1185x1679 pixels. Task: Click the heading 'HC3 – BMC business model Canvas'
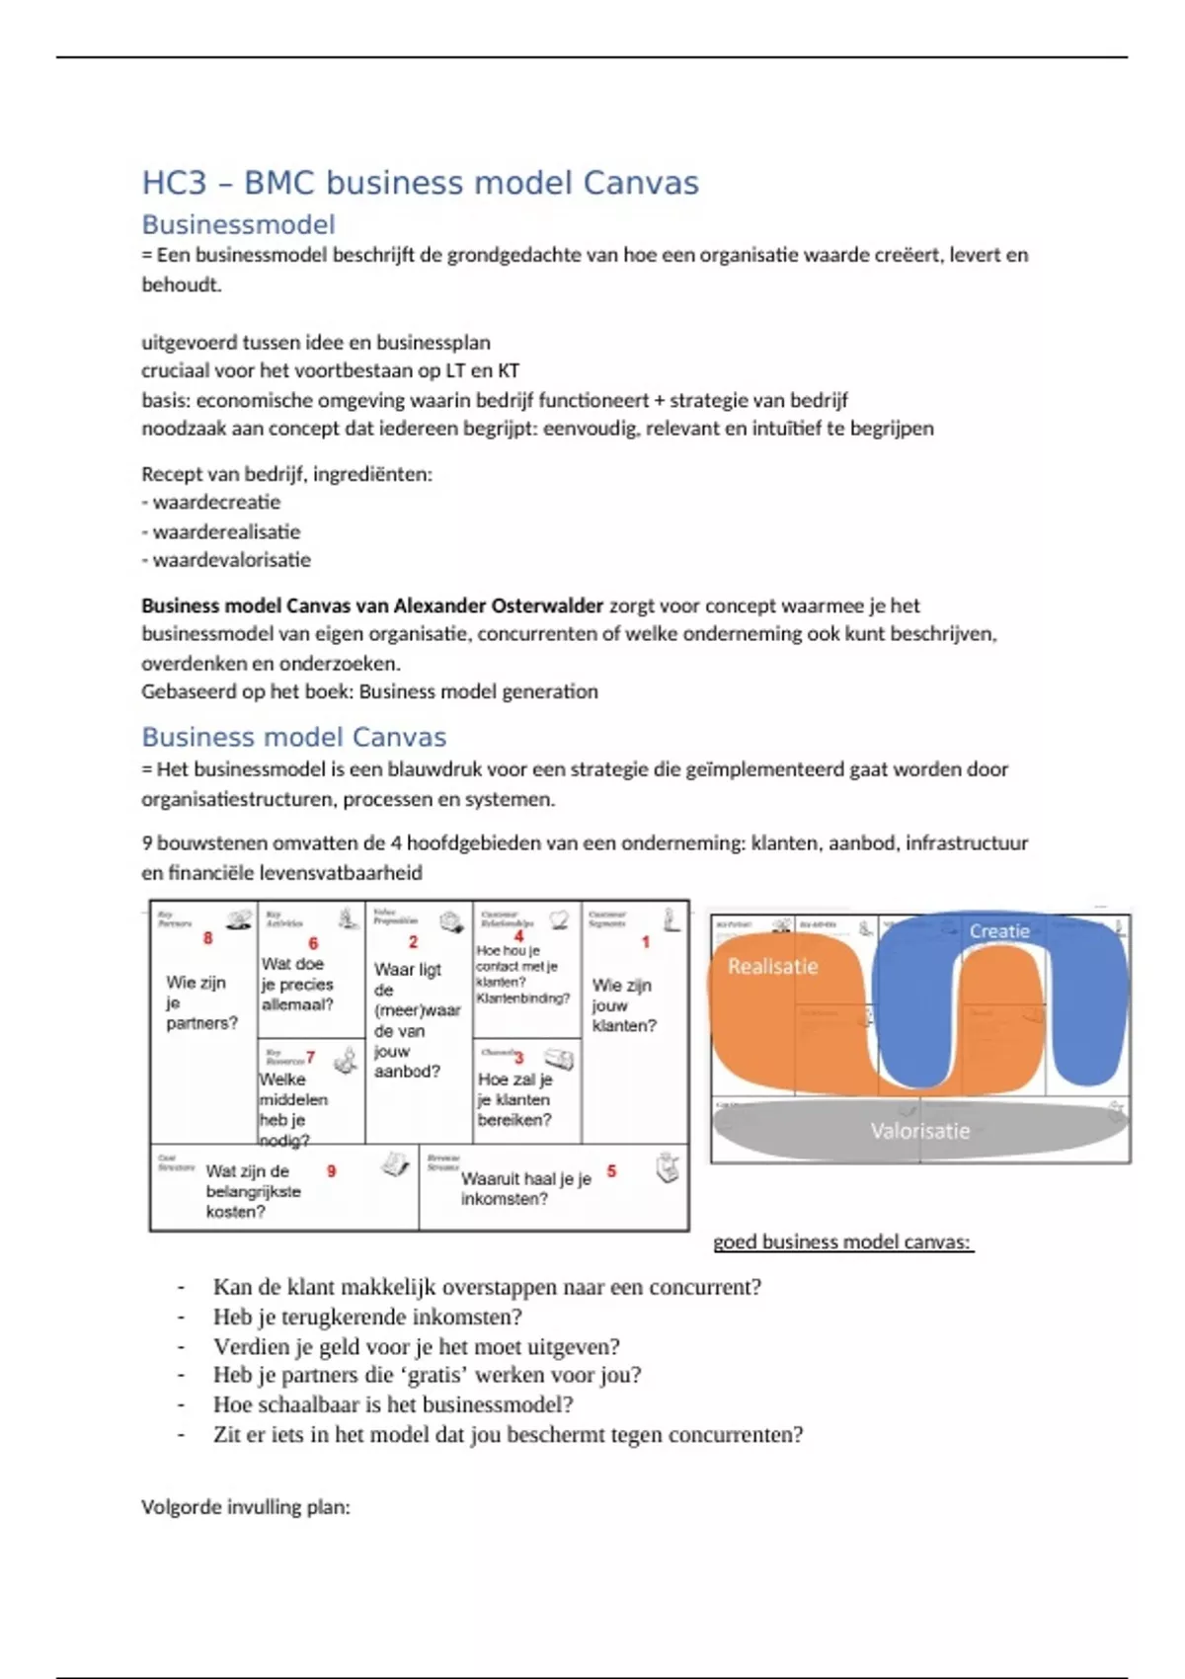point(420,184)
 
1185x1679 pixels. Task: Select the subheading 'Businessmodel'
point(238,225)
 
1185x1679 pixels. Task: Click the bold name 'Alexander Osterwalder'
point(498,605)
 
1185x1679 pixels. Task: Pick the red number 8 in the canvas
point(207,938)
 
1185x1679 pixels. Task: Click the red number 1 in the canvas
point(646,942)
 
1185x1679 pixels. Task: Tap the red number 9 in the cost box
point(332,1171)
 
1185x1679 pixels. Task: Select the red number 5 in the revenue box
point(611,1171)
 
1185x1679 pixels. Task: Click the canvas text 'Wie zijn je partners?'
point(201,1002)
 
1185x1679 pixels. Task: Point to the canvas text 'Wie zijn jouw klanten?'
point(623,1005)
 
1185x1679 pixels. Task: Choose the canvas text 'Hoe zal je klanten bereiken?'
point(514,1099)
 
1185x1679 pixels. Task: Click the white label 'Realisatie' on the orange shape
point(772,967)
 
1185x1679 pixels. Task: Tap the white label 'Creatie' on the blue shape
point(999,931)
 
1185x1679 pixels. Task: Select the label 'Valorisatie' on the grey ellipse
point(919,1132)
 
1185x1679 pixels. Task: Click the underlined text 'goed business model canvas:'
point(842,1242)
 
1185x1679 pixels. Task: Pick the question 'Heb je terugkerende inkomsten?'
point(367,1317)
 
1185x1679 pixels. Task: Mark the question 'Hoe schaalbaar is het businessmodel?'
point(393,1404)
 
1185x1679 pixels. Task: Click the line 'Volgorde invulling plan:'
point(246,1507)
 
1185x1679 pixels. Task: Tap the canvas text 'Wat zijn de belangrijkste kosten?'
point(253,1191)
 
